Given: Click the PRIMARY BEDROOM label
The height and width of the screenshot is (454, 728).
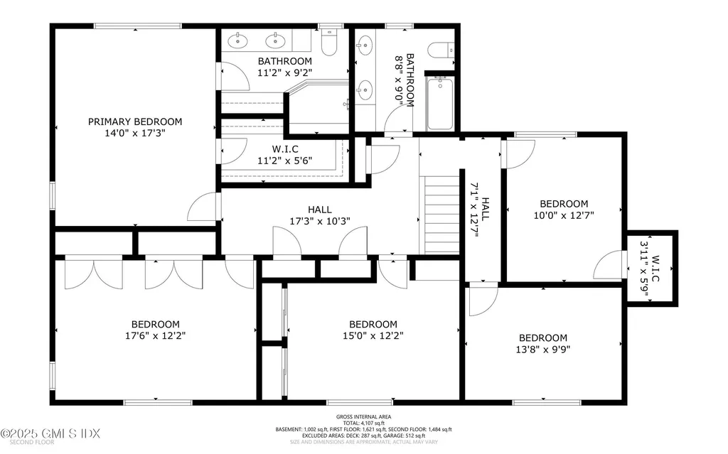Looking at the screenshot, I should coord(135,121).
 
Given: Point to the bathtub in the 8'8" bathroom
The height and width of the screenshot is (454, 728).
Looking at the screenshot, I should coord(440,104).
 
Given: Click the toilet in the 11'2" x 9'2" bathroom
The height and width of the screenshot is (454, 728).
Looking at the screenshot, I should coord(328,45).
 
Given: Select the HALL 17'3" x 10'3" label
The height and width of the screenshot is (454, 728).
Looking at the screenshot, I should coord(319,215).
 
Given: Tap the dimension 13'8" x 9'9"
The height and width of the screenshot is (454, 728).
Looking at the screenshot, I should coord(543,349).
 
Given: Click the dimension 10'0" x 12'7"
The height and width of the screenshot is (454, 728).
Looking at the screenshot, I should coord(564,214).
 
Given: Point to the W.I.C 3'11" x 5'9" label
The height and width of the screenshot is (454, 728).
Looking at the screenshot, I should coord(651,269).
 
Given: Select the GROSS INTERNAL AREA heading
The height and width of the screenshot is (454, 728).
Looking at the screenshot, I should coord(363,416).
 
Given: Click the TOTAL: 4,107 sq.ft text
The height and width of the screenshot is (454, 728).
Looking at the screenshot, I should coord(363,423).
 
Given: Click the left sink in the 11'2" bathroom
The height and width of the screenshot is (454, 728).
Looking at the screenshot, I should coord(237,40).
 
